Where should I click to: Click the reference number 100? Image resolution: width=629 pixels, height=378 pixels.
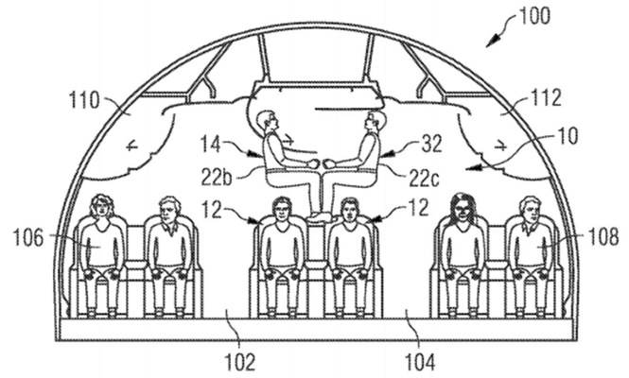(x=533, y=16)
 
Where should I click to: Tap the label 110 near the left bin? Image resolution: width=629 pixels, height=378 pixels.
(x=84, y=100)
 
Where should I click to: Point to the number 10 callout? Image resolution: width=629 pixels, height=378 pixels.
(x=567, y=136)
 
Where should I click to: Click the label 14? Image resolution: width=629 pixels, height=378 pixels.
(x=211, y=145)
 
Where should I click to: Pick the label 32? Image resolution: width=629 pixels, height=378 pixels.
(x=430, y=144)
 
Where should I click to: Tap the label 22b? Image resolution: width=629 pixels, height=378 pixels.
(x=217, y=177)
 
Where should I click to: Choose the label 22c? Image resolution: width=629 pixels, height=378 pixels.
(x=425, y=177)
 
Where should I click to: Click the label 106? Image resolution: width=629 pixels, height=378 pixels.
(x=28, y=238)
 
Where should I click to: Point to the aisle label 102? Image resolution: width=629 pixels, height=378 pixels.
(x=239, y=363)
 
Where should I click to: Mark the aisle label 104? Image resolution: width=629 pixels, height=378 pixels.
(x=420, y=363)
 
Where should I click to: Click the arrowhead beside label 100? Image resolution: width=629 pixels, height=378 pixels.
(x=494, y=41)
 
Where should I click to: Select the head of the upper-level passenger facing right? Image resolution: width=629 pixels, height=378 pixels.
(x=267, y=122)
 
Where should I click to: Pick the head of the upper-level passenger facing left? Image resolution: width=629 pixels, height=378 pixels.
(x=375, y=122)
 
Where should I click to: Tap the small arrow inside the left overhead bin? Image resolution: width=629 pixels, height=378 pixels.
(x=132, y=146)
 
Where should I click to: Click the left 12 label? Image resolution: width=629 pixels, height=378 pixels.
(x=211, y=209)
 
